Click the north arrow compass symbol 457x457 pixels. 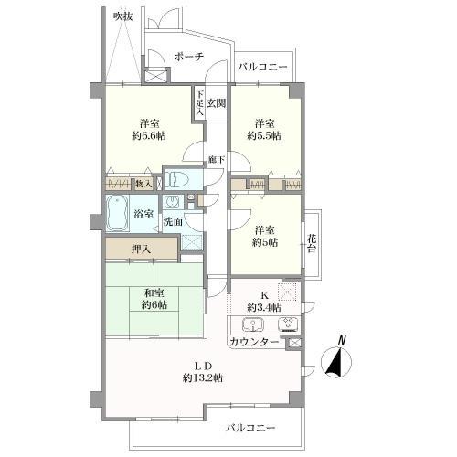pyautogui.click(x=336, y=359)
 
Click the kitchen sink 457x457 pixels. pyautogui.click(x=253, y=324)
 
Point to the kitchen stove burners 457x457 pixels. pyautogui.click(x=289, y=324)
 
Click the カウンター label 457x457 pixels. pyautogui.click(x=254, y=342)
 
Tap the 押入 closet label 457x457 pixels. pyautogui.click(x=141, y=250)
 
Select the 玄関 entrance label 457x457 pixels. pyautogui.click(x=217, y=103)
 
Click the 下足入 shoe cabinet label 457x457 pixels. pyautogui.click(x=199, y=103)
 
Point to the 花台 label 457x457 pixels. pyautogui.click(x=311, y=243)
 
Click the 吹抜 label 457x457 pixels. pyautogui.click(x=122, y=16)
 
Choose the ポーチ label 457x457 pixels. pyautogui.click(x=189, y=57)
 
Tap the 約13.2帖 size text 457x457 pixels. pyautogui.click(x=203, y=378)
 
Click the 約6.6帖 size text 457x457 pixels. pyautogui.click(x=149, y=136)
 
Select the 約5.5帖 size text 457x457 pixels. pyautogui.click(x=264, y=136)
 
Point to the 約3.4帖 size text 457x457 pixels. pyautogui.click(x=264, y=308)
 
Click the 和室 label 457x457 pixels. pyautogui.click(x=154, y=293)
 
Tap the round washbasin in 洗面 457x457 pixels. pyautogui.click(x=172, y=202)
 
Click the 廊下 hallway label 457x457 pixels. pyautogui.click(x=217, y=159)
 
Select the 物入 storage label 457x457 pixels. pyautogui.click(x=143, y=184)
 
